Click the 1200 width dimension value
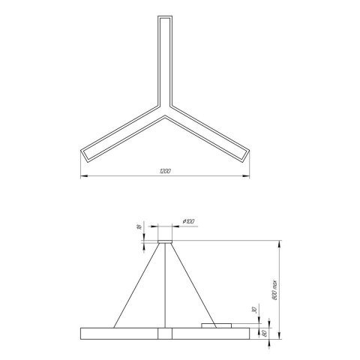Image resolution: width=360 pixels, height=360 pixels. (x=165, y=172)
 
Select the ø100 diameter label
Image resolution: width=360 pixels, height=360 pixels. (x=188, y=221)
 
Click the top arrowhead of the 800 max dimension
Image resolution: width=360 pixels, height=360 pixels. (x=280, y=241)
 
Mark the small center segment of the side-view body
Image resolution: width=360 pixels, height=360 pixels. (x=164, y=333)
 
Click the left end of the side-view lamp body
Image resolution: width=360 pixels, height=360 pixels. (x=79, y=333)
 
